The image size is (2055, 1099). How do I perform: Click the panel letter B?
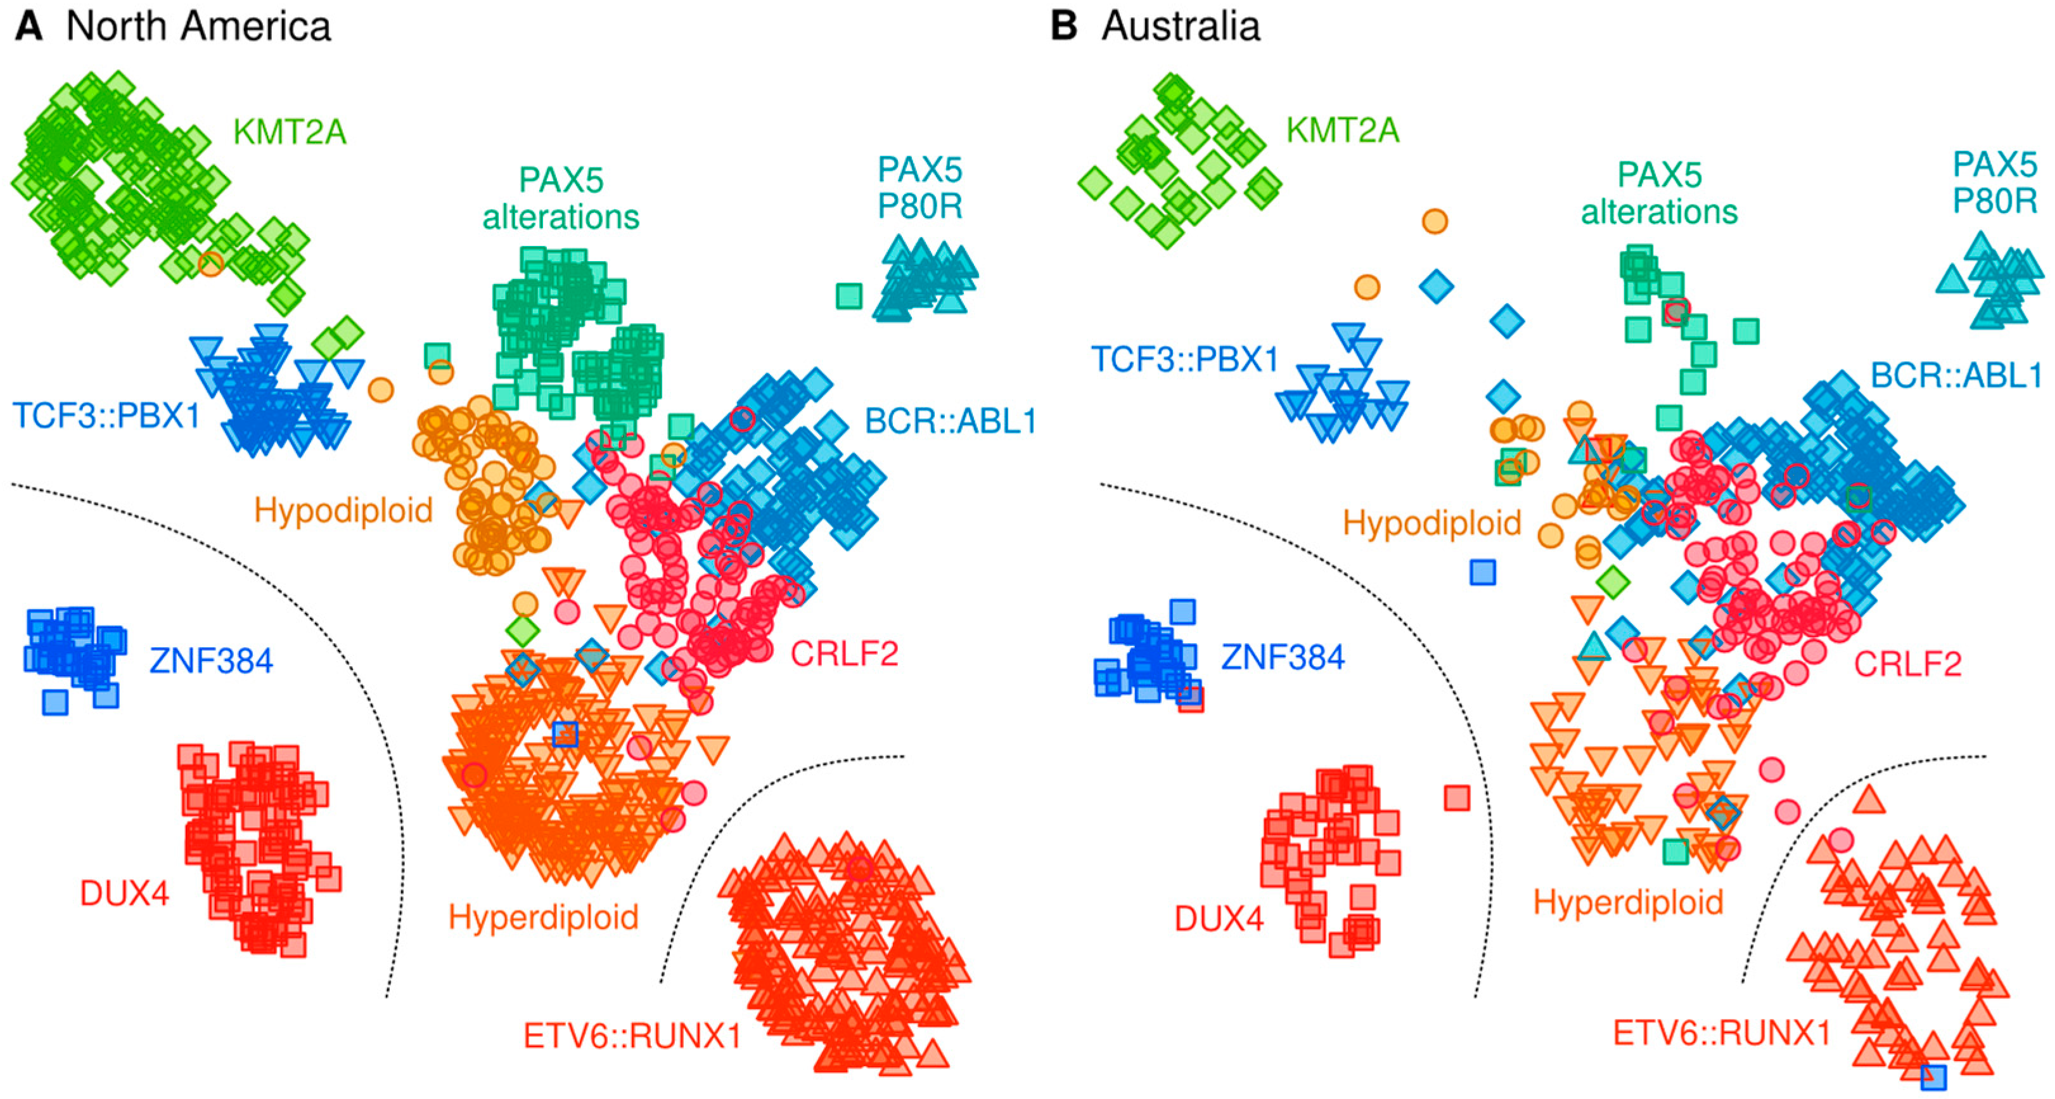(1064, 27)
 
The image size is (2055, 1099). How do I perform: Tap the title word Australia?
(1181, 27)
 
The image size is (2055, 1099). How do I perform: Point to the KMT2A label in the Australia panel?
(1343, 130)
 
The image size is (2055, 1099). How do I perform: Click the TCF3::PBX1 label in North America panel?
(106, 416)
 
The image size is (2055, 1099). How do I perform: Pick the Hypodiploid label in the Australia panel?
(1432, 524)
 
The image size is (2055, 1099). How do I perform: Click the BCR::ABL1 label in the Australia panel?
(1956, 375)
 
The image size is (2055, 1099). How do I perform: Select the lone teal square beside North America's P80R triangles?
(849, 296)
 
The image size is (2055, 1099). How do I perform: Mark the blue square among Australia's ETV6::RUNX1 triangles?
(1934, 1077)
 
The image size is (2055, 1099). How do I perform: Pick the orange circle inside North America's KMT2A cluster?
(210, 264)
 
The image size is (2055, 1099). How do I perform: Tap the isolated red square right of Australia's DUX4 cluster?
(1457, 797)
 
